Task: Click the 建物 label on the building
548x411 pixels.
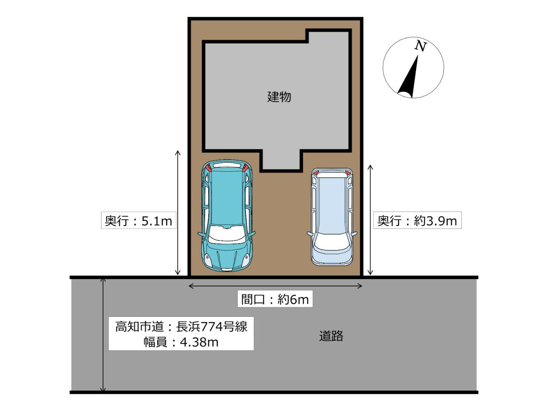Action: pyautogui.click(x=279, y=97)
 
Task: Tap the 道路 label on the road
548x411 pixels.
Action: pyautogui.click(x=331, y=336)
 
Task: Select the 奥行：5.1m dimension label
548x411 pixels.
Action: pyautogui.click(x=139, y=221)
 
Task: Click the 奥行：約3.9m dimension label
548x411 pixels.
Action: pyautogui.click(x=417, y=221)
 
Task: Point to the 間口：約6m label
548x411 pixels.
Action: pyautogui.click(x=275, y=299)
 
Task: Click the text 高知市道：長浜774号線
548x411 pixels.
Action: pyautogui.click(x=181, y=327)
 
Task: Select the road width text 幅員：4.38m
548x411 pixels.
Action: pyautogui.click(x=181, y=342)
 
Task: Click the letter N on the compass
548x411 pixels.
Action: pyautogui.click(x=421, y=46)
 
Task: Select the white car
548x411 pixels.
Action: pyautogui.click(x=332, y=216)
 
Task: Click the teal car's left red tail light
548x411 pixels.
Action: pyautogui.click(x=208, y=168)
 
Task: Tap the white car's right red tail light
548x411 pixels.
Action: pyautogui.click(x=348, y=173)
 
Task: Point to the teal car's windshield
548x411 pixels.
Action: pyautogui.click(x=226, y=233)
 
